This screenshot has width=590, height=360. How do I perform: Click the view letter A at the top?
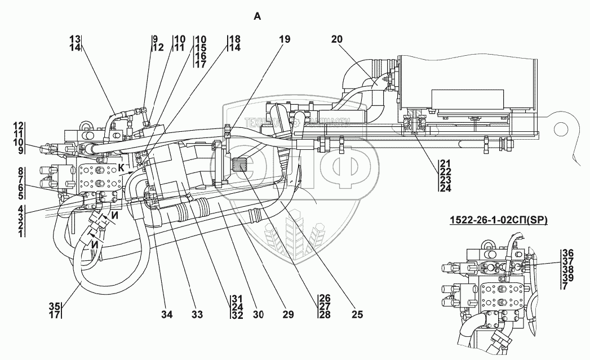point(258,17)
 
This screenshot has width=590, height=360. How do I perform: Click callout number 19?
point(285,39)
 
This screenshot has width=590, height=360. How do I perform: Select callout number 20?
point(337,39)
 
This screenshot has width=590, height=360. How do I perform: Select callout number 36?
point(568,252)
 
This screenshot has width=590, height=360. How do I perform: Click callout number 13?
point(75,39)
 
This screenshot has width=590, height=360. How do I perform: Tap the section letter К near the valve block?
point(121,167)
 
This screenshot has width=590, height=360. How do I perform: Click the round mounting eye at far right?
point(560,129)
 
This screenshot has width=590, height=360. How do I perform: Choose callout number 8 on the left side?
point(20,171)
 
